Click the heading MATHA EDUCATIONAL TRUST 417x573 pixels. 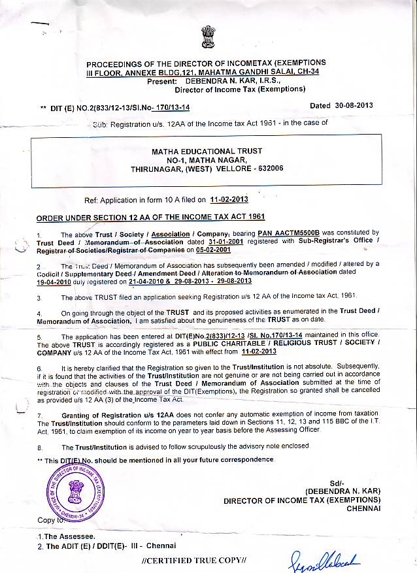[207, 152]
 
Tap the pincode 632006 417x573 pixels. [268, 169]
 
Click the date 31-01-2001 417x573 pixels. [222, 241]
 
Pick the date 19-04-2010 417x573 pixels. [58, 281]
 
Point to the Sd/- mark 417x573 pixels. [337, 482]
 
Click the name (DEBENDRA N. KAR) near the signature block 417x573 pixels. [342, 491]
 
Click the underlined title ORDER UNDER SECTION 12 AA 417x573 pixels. [141, 217]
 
